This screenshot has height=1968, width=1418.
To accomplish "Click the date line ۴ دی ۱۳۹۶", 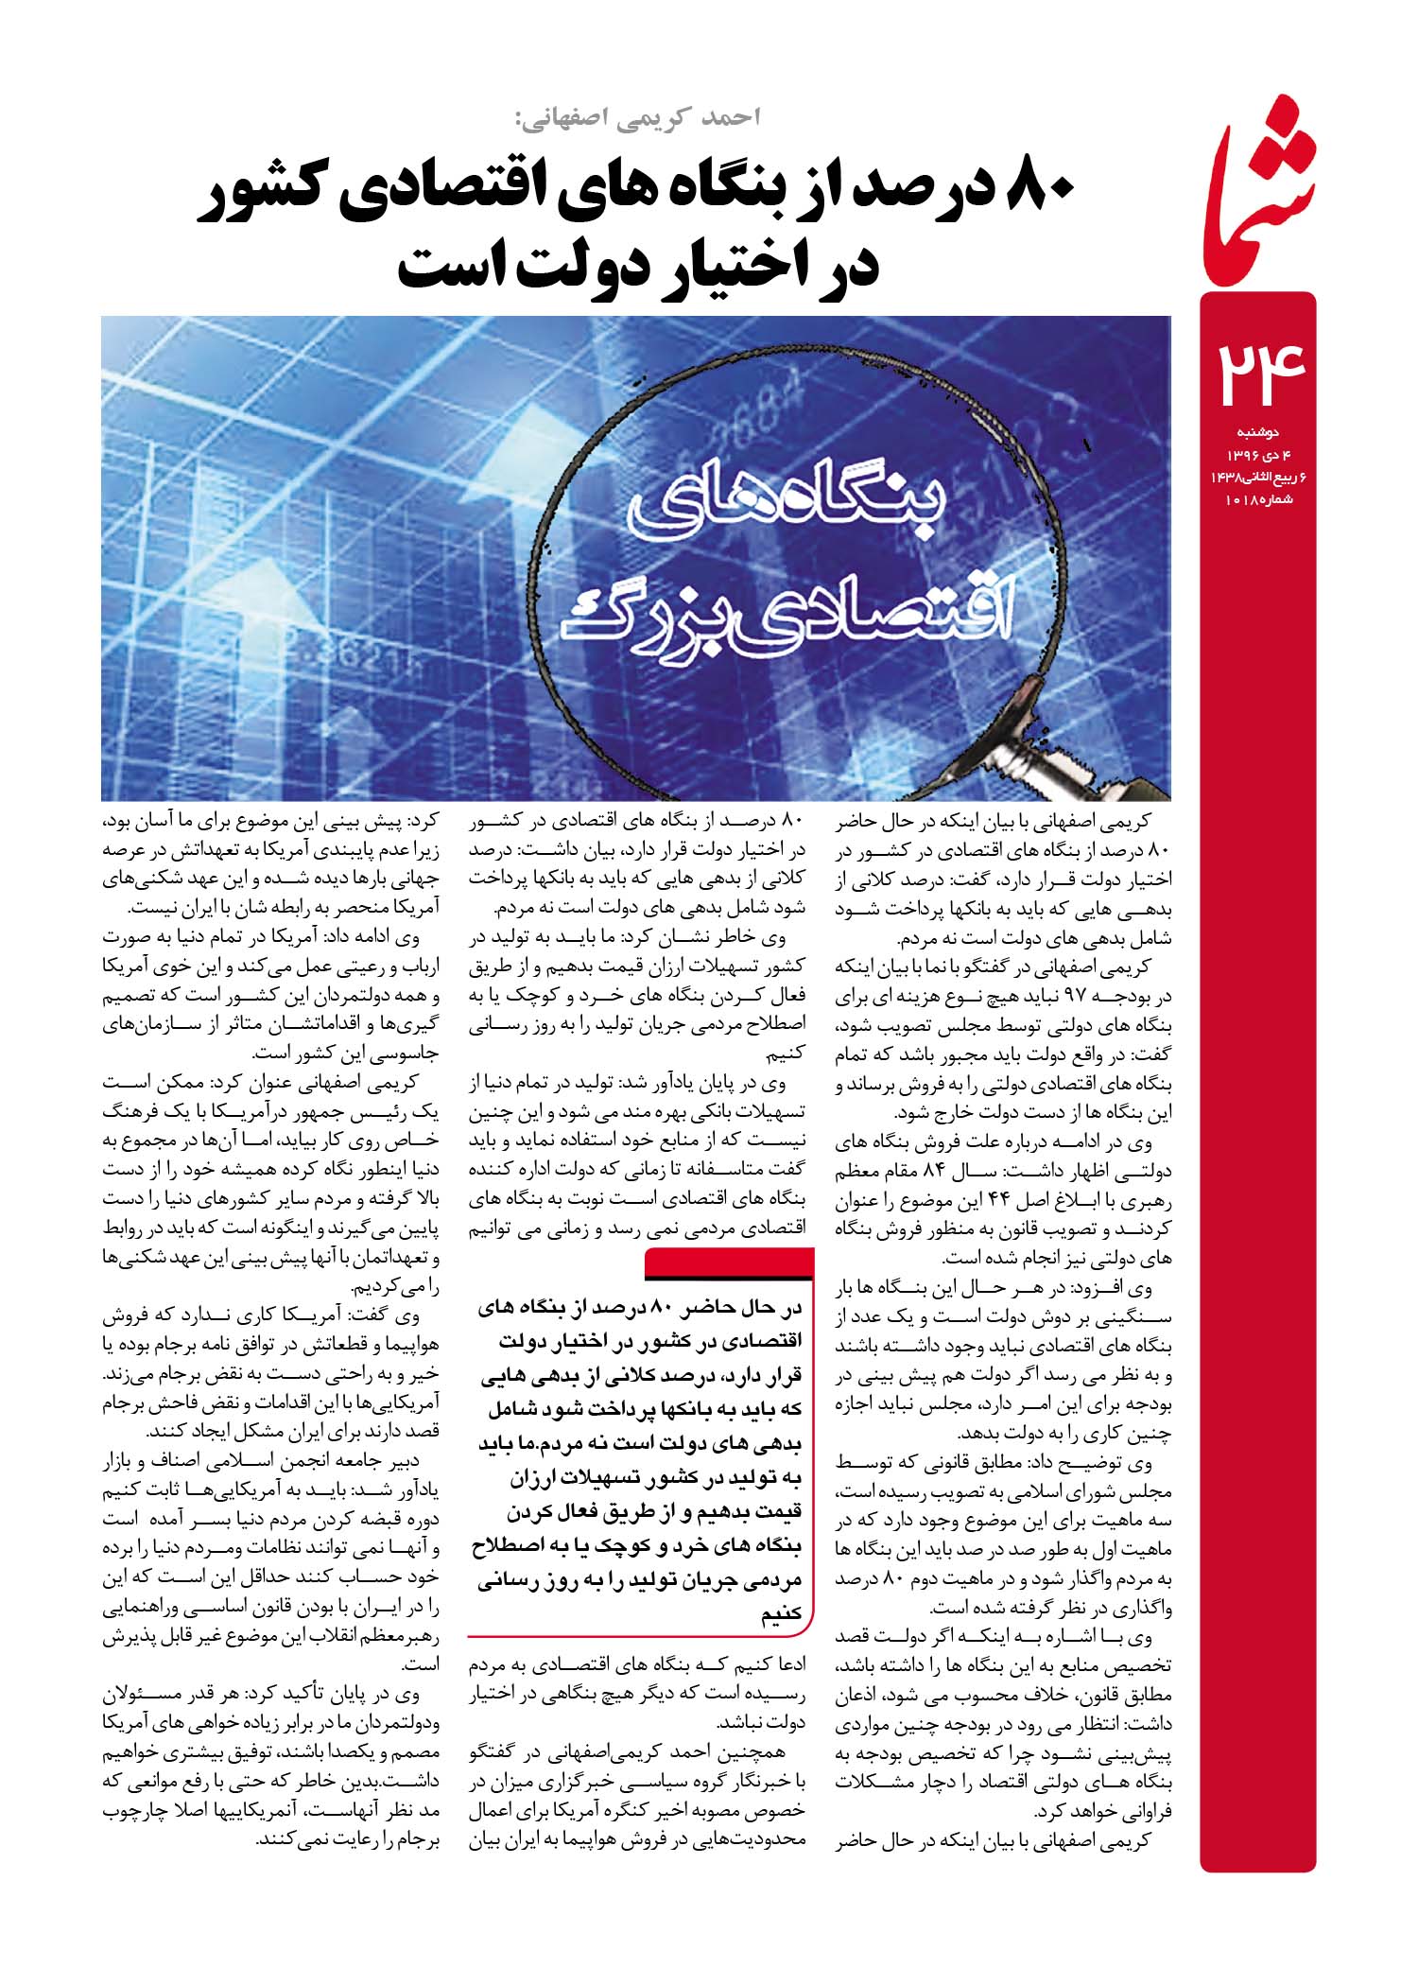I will [x=1257, y=455].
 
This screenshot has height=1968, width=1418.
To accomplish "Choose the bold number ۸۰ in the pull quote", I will [x=657, y=1307].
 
